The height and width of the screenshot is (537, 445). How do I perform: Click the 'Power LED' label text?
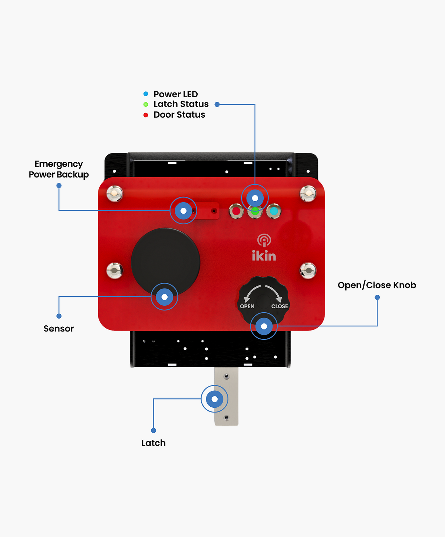[175, 94]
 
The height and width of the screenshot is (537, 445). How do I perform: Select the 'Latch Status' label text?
[181, 104]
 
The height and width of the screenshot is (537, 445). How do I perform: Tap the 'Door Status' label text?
[179, 115]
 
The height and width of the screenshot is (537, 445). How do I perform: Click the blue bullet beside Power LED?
[146, 94]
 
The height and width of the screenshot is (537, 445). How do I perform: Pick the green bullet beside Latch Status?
[146, 104]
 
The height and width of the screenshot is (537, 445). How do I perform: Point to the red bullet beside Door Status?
[146, 115]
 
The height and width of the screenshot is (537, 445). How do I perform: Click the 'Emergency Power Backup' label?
[59, 169]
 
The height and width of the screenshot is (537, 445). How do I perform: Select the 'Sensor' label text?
[59, 329]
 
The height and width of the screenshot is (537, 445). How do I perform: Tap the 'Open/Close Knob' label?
[377, 285]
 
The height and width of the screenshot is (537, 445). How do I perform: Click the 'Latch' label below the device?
[153, 443]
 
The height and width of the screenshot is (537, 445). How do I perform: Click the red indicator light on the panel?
[236, 211]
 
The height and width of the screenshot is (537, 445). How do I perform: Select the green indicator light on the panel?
[255, 212]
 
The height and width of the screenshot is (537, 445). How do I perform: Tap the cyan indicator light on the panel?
[274, 211]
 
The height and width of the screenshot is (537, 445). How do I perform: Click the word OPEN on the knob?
[247, 306]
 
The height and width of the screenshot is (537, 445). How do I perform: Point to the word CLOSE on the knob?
[280, 306]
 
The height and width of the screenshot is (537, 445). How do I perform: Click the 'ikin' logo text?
[264, 256]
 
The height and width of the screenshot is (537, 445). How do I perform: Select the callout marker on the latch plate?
[214, 399]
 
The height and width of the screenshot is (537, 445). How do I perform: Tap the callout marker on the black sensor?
[164, 297]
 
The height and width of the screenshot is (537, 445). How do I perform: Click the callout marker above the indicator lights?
[255, 198]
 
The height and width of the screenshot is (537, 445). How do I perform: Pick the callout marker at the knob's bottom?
[264, 326]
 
